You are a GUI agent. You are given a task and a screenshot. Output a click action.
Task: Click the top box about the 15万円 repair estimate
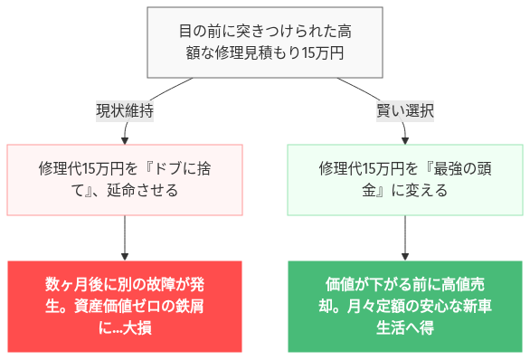[265, 42]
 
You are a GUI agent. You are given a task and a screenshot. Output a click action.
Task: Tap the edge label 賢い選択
[405, 111]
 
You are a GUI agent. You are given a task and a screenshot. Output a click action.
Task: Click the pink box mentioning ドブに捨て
[125, 179]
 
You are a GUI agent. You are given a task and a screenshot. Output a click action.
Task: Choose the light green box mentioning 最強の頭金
[405, 179]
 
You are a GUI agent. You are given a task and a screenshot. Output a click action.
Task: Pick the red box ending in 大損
[125, 307]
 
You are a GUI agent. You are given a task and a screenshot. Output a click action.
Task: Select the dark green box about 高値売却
[405, 307]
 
